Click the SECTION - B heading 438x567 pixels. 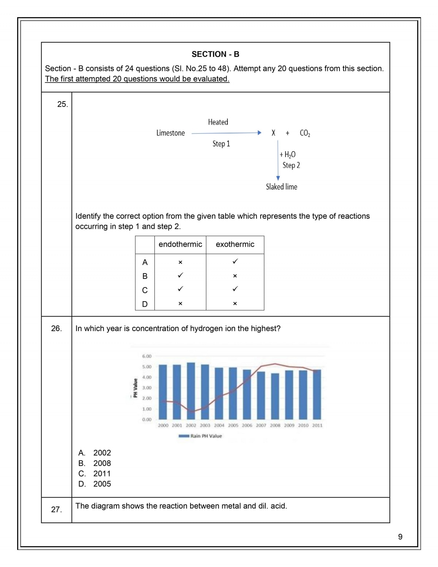pyautogui.click(x=215, y=54)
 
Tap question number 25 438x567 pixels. pyautogui.click(x=62, y=104)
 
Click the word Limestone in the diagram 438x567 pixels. pyautogui.click(x=170, y=133)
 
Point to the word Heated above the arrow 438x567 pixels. pyautogui.click(x=218, y=122)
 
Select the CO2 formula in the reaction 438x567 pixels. pyautogui.click(x=305, y=133)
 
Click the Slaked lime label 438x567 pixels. pyautogui.click(x=281, y=187)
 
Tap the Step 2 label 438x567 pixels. pyautogui.click(x=291, y=165)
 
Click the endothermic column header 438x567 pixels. pyautogui.click(x=180, y=245)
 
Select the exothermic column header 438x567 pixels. pyautogui.click(x=235, y=245)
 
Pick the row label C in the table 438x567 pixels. pyautogui.click(x=145, y=290)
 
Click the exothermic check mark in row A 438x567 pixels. pyautogui.click(x=235, y=262)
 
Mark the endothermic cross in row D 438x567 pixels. pyautogui.click(x=180, y=304)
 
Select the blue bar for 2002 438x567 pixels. pyautogui.click(x=191, y=391)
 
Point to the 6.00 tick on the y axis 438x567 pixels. pyautogui.click(x=147, y=356)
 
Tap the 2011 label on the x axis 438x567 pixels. pyautogui.click(x=317, y=425)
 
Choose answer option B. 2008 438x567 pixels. pyautogui.click(x=95, y=463)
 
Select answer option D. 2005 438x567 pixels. pyautogui.click(x=95, y=484)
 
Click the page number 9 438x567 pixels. pyautogui.click(x=400, y=537)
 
